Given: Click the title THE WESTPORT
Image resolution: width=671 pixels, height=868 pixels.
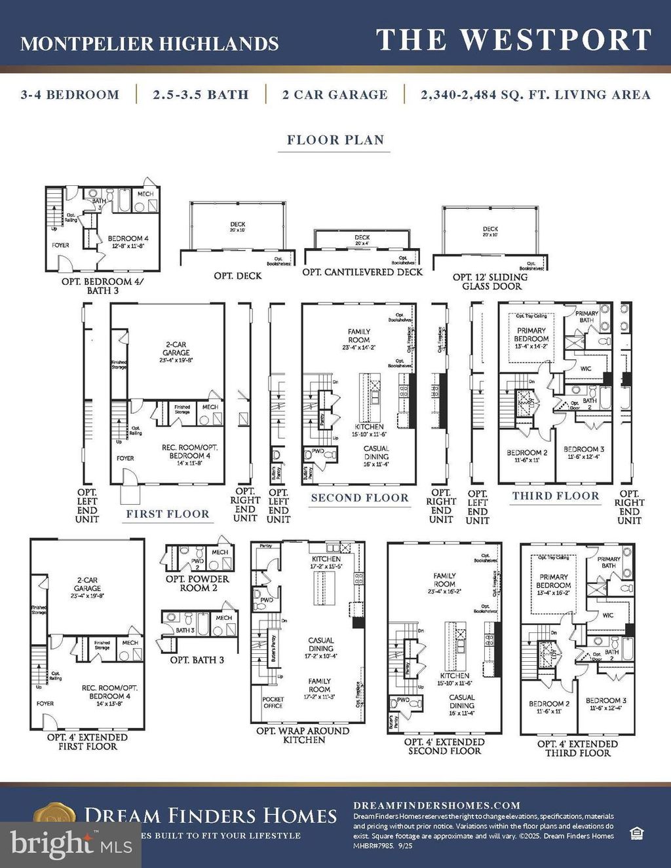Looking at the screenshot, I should (x=514, y=41).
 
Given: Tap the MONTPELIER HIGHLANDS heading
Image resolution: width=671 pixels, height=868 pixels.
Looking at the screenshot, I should (x=149, y=44).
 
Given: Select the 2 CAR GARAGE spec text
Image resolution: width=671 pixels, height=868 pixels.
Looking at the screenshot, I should (x=335, y=95).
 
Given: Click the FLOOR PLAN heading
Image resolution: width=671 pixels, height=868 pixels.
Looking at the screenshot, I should (x=335, y=140).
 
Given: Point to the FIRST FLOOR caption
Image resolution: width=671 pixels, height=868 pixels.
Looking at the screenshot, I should (x=168, y=514).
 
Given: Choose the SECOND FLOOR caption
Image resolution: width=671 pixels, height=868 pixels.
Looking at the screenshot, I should (x=360, y=497).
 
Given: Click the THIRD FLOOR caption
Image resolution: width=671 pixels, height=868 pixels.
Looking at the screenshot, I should (x=556, y=496).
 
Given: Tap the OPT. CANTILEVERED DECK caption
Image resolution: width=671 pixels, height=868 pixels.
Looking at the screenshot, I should (x=362, y=272).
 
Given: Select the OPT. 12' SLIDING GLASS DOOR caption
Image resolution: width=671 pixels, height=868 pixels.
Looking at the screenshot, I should (x=490, y=281).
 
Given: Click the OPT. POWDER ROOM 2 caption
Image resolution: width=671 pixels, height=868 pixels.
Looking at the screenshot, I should (x=197, y=583).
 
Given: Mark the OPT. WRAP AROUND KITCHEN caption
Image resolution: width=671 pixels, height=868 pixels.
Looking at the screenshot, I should (x=303, y=735).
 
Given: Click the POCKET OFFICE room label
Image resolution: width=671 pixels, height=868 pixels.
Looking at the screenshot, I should (x=273, y=702).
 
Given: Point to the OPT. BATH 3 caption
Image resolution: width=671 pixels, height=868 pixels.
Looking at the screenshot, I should (x=197, y=660).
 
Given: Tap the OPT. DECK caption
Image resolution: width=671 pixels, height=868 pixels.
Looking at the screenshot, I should (x=237, y=276).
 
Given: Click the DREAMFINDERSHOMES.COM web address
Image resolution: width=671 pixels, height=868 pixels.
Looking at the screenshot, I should (x=436, y=805).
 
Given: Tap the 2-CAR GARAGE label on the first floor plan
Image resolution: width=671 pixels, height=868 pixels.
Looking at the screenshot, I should (x=176, y=348).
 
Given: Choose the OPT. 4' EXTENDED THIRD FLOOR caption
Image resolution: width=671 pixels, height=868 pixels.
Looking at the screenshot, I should (x=577, y=748).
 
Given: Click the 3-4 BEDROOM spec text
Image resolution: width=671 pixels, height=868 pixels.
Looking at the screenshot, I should (x=70, y=95).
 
